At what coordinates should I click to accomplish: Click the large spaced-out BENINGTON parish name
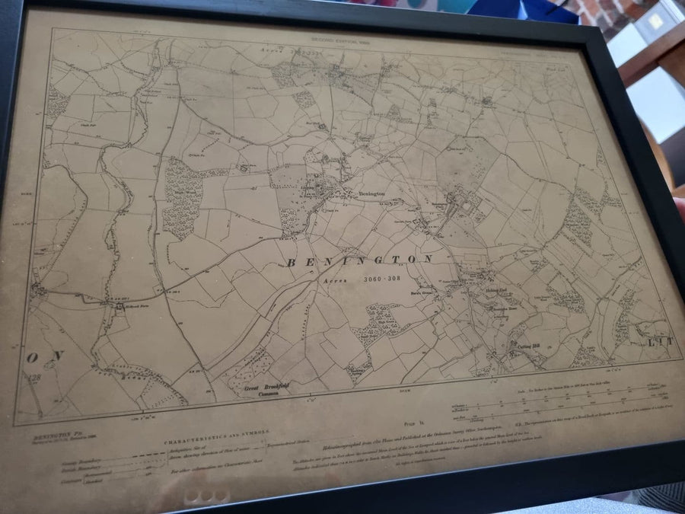click(360, 261)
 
